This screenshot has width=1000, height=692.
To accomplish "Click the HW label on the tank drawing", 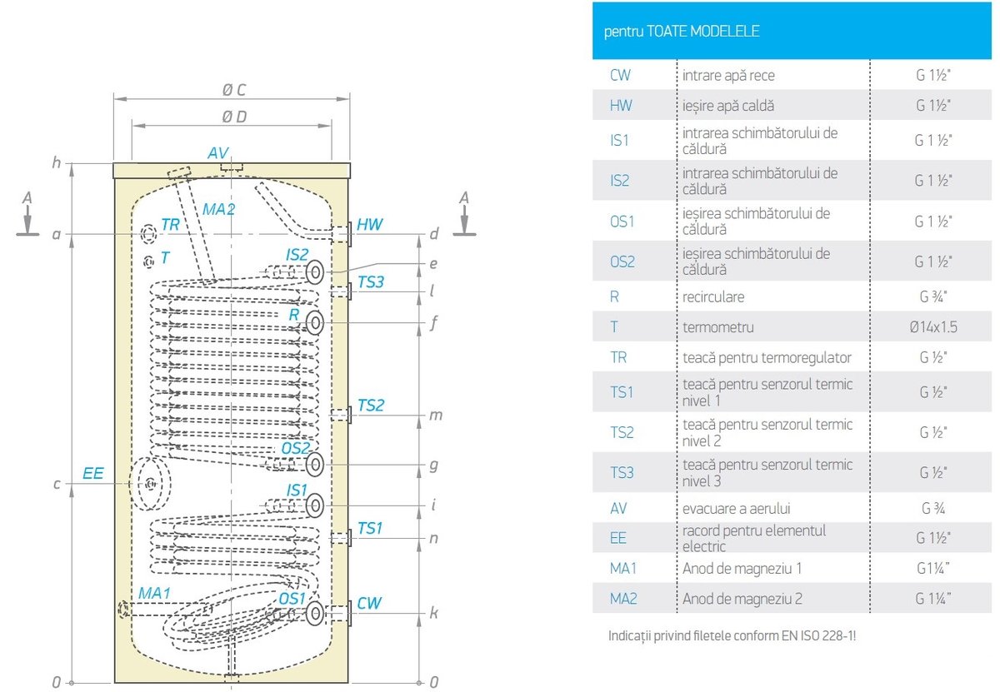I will tap(369, 225).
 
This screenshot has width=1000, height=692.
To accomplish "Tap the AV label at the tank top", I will tap(218, 153).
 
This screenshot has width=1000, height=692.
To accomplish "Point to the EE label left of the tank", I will tap(93, 473).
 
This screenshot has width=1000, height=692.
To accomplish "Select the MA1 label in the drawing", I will tap(154, 593).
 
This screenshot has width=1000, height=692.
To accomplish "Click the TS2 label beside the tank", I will tap(371, 406).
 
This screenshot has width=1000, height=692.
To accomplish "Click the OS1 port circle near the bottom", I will tap(314, 614).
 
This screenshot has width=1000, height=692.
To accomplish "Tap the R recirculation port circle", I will tap(315, 323).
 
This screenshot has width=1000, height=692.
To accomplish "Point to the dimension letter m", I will tap(434, 415).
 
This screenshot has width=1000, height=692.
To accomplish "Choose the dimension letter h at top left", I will tap(57, 162).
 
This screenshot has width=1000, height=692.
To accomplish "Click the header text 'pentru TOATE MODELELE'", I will tap(682, 32).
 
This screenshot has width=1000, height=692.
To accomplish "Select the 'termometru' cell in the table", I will tap(712, 326).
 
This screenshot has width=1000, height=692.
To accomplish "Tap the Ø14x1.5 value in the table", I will tap(933, 326).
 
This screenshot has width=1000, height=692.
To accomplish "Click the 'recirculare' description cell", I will tap(713, 296).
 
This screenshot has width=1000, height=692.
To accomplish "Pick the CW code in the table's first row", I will tap(620, 75).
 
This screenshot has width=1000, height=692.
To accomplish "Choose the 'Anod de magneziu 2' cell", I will tap(742, 599).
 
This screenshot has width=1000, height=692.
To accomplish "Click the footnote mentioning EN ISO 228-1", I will tap(732, 636).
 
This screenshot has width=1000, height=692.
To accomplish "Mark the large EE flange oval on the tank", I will tap(151, 483).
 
